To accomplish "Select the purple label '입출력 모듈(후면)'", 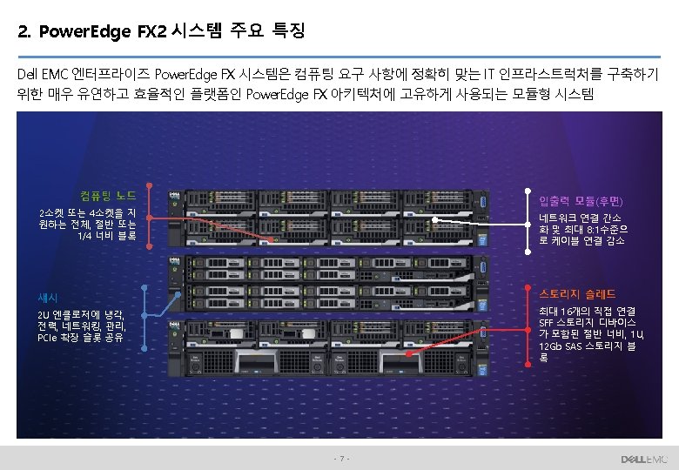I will (x=580, y=201).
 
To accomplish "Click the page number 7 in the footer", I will (x=342, y=458).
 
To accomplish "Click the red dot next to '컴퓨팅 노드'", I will (x=149, y=185).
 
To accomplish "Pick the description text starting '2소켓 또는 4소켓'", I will (x=87, y=224).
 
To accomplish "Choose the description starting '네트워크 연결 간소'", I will (x=582, y=229).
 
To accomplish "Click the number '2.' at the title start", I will (x=24, y=33).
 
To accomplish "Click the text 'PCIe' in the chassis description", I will (x=48, y=337).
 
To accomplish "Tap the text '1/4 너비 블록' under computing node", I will (x=108, y=236).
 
